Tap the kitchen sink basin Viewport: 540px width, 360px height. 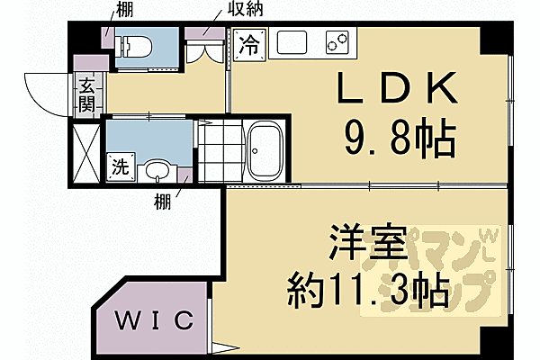pyautogui.click(x=293, y=42)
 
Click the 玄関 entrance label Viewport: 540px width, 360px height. pyautogui.click(x=86, y=95)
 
